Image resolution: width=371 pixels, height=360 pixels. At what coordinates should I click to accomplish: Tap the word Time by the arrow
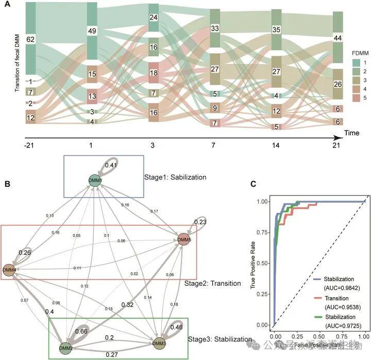tap(352, 133)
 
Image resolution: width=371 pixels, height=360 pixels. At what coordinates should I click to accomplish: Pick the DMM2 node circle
tap(64, 349)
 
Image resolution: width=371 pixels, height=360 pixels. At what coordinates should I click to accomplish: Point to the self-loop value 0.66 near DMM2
tap(81, 331)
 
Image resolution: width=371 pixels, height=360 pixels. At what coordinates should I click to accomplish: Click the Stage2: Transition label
tap(212, 284)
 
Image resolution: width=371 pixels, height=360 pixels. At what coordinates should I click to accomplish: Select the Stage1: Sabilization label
tap(175, 177)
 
